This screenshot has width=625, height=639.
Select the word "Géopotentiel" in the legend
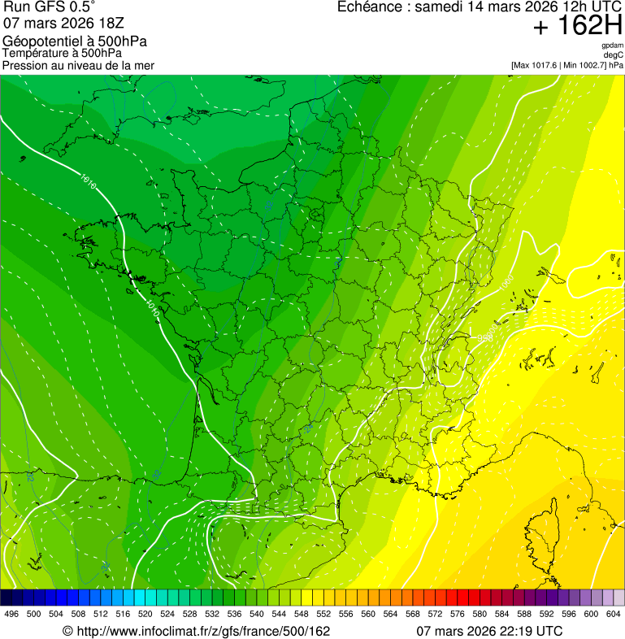37,41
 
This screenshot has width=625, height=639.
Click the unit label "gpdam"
612,46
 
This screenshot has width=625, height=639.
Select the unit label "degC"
614,55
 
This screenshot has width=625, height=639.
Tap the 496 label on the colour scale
11,614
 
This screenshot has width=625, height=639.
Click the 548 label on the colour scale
301,614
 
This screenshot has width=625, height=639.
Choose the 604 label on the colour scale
613,614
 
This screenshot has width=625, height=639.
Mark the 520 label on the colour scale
145,614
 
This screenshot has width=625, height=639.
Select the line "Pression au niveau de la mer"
78,65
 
